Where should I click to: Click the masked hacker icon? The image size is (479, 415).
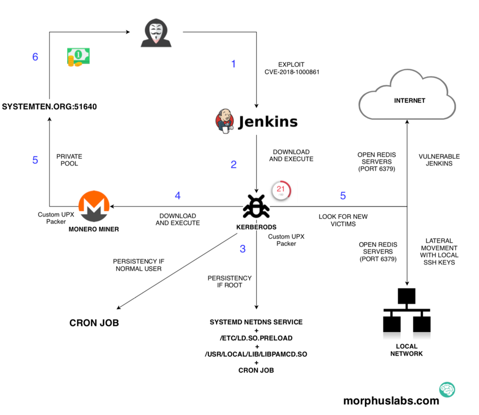point(156,33)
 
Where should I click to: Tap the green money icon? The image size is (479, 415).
point(78,57)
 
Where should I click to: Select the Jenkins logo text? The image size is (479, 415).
point(268,122)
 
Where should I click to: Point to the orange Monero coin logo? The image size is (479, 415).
point(94,206)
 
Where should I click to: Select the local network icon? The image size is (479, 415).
point(407,312)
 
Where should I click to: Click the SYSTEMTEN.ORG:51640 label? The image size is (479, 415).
point(49,107)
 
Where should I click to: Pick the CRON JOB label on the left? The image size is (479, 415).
point(94,323)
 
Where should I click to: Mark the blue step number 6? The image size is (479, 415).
point(35,57)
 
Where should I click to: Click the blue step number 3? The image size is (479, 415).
point(243,249)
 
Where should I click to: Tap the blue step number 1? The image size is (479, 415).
point(233,64)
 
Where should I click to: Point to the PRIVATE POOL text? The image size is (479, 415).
point(69,160)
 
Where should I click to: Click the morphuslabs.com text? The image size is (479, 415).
point(391,401)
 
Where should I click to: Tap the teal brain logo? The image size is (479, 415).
point(447,389)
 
